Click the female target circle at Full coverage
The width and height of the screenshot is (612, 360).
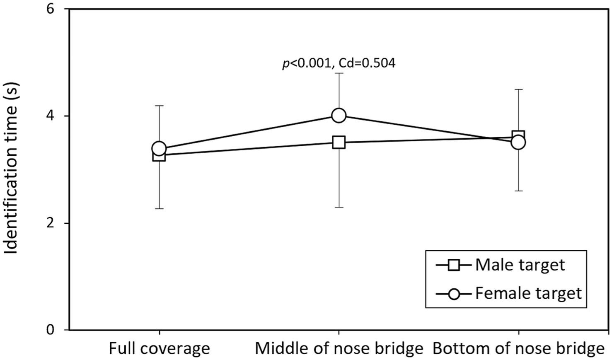(x=159, y=148)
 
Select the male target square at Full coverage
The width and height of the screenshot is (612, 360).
(x=159, y=156)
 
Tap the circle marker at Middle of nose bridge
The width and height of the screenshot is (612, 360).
(x=339, y=116)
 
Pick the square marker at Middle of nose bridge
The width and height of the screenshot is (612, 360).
(x=339, y=143)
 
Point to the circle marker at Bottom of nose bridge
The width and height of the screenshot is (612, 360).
(x=518, y=143)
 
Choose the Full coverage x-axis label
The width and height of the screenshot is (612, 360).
(x=159, y=348)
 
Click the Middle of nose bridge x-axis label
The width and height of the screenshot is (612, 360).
(x=339, y=348)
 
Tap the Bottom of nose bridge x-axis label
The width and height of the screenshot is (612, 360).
(x=518, y=348)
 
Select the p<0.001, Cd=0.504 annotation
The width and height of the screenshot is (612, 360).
(x=339, y=63)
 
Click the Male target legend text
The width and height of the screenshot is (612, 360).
(x=520, y=265)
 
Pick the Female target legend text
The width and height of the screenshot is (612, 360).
(x=528, y=293)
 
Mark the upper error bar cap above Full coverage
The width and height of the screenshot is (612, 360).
(x=159, y=106)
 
